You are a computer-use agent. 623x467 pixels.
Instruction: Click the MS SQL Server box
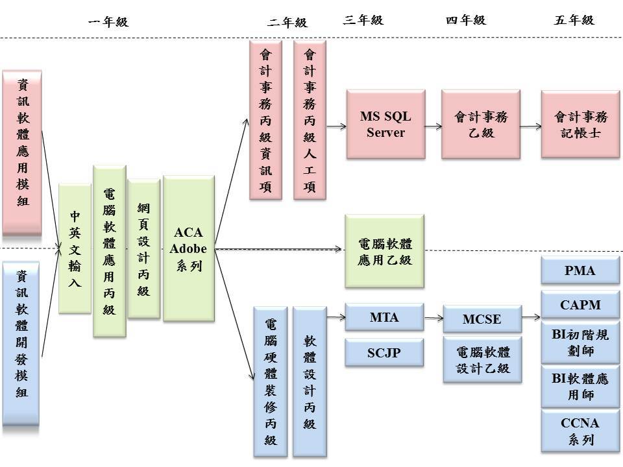pyautogui.click(x=385, y=125)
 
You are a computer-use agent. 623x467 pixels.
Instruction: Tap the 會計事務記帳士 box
pyautogui.click(x=580, y=125)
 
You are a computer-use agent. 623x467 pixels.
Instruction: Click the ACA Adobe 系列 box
pyautogui.click(x=189, y=249)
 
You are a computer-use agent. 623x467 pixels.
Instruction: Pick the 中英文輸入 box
pyautogui.click(x=75, y=248)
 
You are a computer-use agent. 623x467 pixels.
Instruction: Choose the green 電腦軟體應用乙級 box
pyautogui.click(x=385, y=252)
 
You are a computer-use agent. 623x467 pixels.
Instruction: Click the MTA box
pyautogui.click(x=384, y=318)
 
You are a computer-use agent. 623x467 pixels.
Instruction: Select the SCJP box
pyautogui.click(x=384, y=353)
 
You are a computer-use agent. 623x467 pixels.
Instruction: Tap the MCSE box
pyautogui.click(x=482, y=320)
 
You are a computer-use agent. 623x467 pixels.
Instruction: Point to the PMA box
pyautogui.click(x=580, y=270)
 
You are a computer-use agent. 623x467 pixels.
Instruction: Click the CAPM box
pyautogui.click(x=580, y=305)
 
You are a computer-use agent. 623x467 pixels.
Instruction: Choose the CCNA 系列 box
pyautogui.click(x=580, y=431)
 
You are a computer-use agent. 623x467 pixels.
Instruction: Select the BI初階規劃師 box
pyautogui.click(x=580, y=344)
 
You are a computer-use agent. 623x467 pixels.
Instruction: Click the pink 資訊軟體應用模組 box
pyautogui.click(x=23, y=152)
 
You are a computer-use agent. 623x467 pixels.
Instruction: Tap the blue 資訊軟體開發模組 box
pyautogui.click(x=23, y=343)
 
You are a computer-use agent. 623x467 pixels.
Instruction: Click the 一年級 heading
pyautogui.click(x=108, y=22)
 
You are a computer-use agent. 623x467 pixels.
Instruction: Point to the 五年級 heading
pyautogui.click(x=574, y=20)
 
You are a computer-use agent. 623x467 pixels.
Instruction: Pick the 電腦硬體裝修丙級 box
pyautogui.click(x=271, y=381)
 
